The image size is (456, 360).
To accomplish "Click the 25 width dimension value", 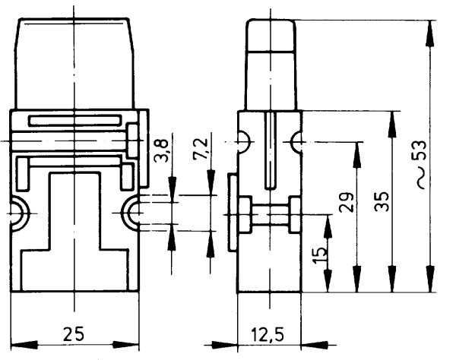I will pyautogui.click(x=74, y=333).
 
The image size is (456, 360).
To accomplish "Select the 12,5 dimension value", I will pyautogui.click(x=271, y=333).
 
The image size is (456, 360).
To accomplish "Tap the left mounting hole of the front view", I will pyautogui.click(x=17, y=214).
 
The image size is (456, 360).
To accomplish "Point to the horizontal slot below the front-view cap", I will pyautogui.click(x=74, y=120).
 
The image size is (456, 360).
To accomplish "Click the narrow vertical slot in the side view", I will pyautogui.click(x=271, y=149).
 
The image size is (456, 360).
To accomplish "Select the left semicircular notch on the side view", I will pyautogui.click(x=242, y=141).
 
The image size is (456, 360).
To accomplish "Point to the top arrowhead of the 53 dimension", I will pyautogui.click(x=430, y=27).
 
